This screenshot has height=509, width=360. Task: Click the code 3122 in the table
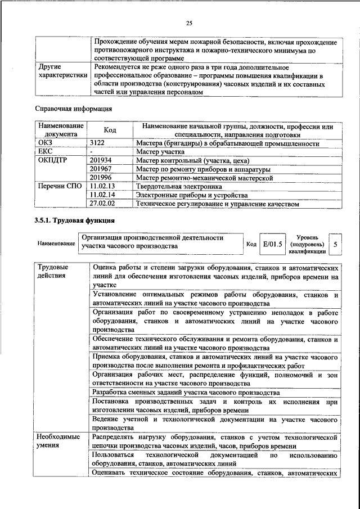(x=97, y=144)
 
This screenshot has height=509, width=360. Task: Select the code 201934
(x=101, y=161)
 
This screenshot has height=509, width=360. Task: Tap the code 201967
(x=101, y=169)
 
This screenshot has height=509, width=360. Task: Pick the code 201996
(x=101, y=178)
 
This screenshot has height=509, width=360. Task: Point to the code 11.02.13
(x=102, y=186)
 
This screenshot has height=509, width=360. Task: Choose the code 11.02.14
(x=102, y=195)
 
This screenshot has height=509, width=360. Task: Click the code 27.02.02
(x=102, y=204)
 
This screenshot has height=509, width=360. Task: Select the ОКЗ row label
(x=45, y=144)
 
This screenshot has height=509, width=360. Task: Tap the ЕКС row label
(x=45, y=152)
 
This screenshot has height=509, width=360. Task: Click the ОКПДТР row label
(x=52, y=161)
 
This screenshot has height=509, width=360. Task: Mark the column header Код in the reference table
(x=110, y=130)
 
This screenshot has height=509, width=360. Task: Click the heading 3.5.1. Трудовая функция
(x=75, y=220)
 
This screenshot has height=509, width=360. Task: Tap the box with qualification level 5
(x=336, y=245)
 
